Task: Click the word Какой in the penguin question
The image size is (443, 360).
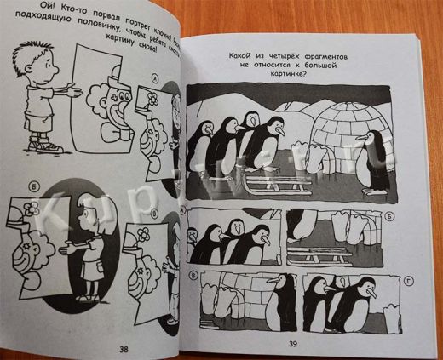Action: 243,56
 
